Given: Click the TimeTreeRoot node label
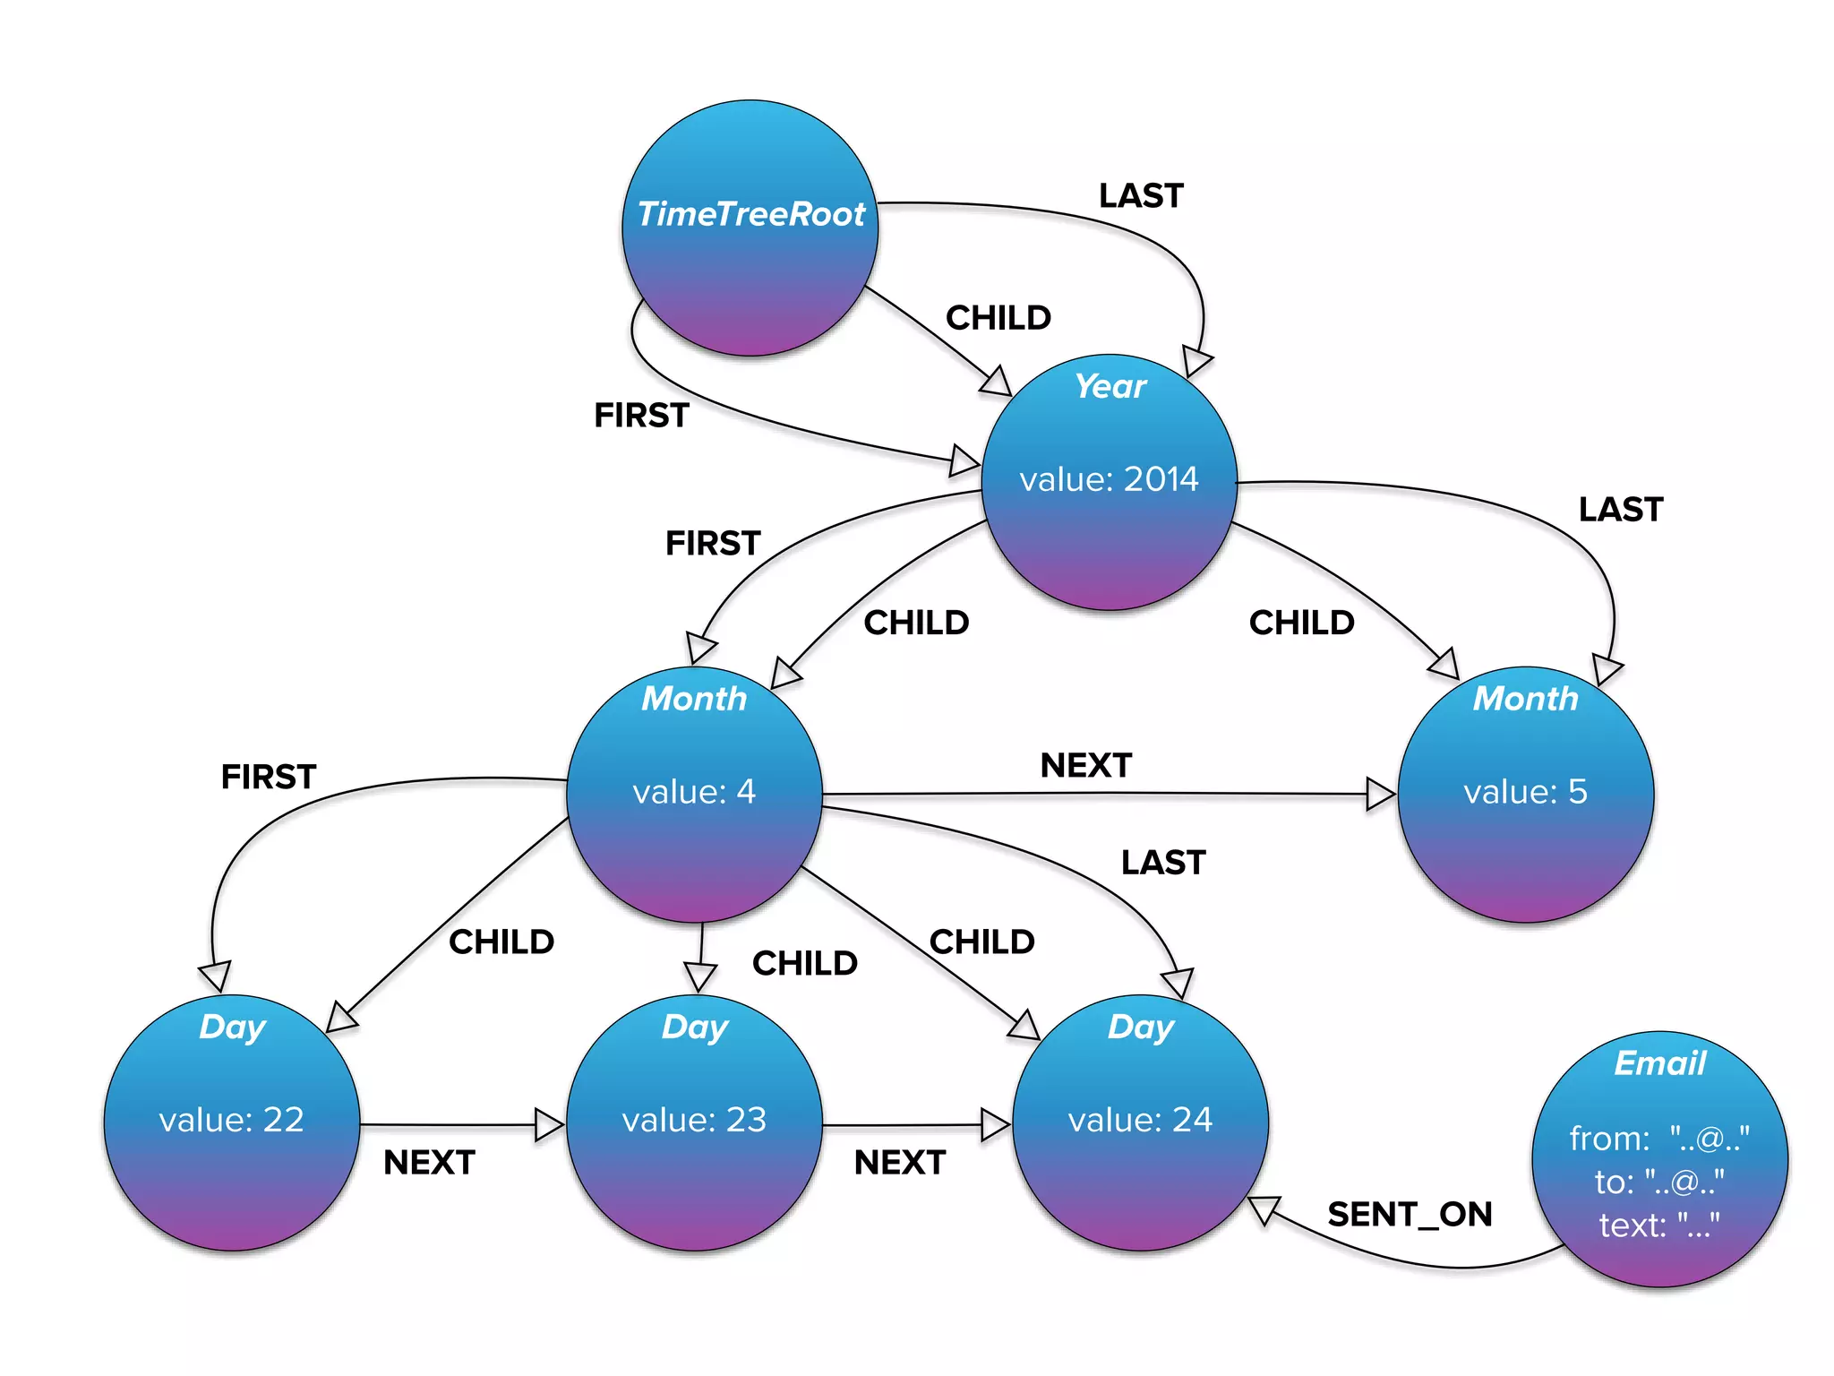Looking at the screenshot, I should [x=750, y=214].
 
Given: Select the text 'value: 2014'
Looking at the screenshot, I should [x=1109, y=479].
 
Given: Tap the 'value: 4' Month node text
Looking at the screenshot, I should [x=694, y=792].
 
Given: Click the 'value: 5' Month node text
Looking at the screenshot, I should [x=1525, y=792].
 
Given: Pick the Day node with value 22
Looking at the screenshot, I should [x=232, y=1121].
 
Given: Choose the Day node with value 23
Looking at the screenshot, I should [x=694, y=1121].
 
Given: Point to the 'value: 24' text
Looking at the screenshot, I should [x=1140, y=1120].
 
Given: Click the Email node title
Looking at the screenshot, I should [x=1659, y=1063].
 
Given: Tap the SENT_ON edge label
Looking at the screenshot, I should [x=1410, y=1215].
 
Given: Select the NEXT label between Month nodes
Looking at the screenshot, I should [x=1085, y=766].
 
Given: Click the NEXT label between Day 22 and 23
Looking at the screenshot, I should [x=429, y=1163].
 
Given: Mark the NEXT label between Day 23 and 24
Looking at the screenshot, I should [x=899, y=1163].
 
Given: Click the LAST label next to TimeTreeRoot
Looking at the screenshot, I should [x=1141, y=196].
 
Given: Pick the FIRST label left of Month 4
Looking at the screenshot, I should [x=269, y=777].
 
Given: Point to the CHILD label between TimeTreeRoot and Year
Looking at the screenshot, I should [x=998, y=318].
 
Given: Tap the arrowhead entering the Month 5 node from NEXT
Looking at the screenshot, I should [x=1380, y=794].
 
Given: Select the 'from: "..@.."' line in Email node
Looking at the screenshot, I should [x=1658, y=1139].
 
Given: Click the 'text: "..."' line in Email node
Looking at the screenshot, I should [x=1658, y=1225].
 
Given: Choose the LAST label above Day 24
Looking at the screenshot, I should [x=1163, y=863].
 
